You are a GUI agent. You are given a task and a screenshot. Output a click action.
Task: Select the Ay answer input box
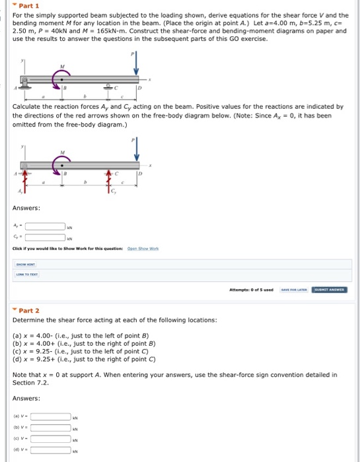tap(45, 225)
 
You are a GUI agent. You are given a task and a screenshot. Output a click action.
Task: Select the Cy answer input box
tap(45, 238)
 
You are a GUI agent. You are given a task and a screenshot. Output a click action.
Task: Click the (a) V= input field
tap(51, 416)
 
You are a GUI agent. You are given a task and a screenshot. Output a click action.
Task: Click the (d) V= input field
tap(51, 451)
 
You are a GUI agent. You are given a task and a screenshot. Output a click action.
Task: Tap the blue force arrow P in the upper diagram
tap(136, 63)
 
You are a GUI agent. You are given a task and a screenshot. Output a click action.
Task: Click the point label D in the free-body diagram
tap(141, 173)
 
